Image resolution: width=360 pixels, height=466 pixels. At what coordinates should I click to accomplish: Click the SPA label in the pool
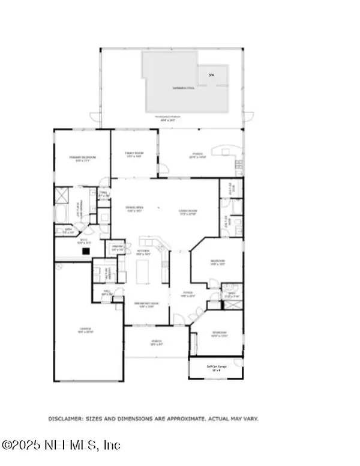pos(211,75)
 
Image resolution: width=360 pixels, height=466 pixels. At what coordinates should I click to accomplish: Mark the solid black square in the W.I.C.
pos(86,252)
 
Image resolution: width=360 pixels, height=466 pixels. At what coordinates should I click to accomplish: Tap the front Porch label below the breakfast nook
pos(157,343)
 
